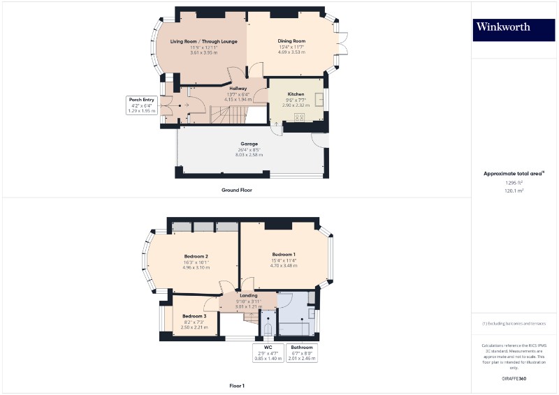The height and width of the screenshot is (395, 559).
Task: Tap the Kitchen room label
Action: click(296, 93)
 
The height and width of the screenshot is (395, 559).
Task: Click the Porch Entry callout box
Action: click(140, 105)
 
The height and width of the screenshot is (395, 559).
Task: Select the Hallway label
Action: click(238, 89)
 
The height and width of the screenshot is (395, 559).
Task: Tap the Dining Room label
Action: click(291, 41)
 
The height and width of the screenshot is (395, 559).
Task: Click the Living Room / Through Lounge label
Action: click(204, 41)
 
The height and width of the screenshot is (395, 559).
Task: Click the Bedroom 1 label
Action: click(284, 254)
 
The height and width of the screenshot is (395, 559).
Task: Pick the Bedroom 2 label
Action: click(197, 256)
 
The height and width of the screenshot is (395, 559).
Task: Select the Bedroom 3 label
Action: click(194, 316)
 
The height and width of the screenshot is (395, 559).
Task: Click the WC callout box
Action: click(268, 352)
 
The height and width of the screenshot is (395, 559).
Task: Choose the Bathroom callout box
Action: click(303, 352)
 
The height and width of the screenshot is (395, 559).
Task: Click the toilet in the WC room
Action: click(268, 328)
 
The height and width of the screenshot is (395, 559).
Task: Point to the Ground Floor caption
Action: click(237, 190)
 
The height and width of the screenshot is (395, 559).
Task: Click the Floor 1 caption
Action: click(237, 385)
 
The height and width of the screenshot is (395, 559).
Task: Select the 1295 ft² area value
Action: click(514, 182)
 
